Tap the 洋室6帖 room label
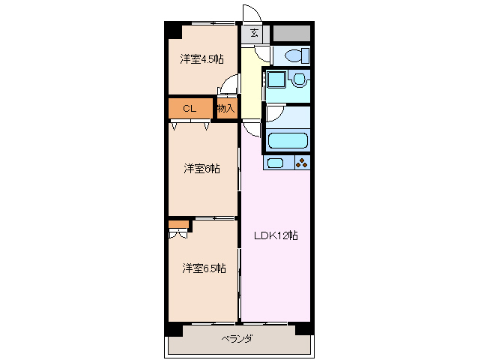[202, 169]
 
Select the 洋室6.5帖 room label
[204, 268]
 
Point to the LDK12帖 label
[275, 235]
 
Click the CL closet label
[190, 109]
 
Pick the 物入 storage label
[226, 109]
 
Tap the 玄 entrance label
[255, 33]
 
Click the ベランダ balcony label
[236, 339]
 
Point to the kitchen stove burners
[301, 163]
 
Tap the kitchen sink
[275, 163]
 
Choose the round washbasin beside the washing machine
[300, 79]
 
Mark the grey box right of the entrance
[291, 34]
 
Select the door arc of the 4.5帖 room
[227, 88]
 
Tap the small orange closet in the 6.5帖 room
[178, 223]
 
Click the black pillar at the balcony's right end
[304, 328]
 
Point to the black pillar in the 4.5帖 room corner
[174, 30]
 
